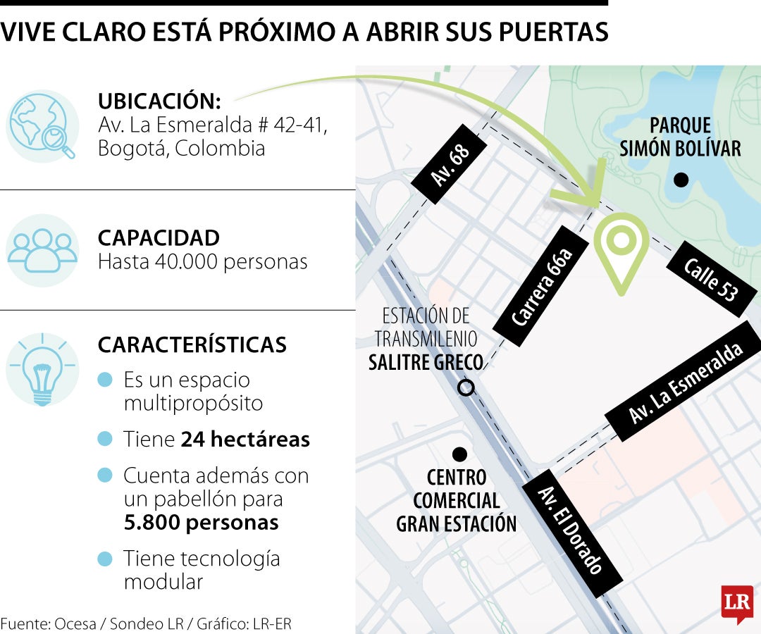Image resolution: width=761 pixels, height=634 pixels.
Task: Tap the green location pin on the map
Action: coord(621,250)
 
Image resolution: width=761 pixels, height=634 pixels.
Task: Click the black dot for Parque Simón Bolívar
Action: coord(681,180)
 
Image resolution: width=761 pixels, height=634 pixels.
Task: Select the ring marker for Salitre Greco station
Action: coord(466,387)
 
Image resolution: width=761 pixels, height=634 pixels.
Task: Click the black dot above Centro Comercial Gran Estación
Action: coord(459,453)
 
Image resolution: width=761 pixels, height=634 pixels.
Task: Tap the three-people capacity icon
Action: coord(42,250)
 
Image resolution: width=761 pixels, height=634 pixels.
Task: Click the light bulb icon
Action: coord(42,369)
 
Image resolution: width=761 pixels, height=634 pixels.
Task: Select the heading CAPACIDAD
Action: coord(159,238)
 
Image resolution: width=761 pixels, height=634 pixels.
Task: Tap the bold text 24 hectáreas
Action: coord(245,440)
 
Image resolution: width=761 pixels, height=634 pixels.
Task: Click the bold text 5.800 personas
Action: coord(201,523)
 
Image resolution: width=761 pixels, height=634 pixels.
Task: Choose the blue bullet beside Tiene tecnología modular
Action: coord(105,560)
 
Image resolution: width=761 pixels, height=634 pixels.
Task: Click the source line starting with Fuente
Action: coord(146,623)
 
